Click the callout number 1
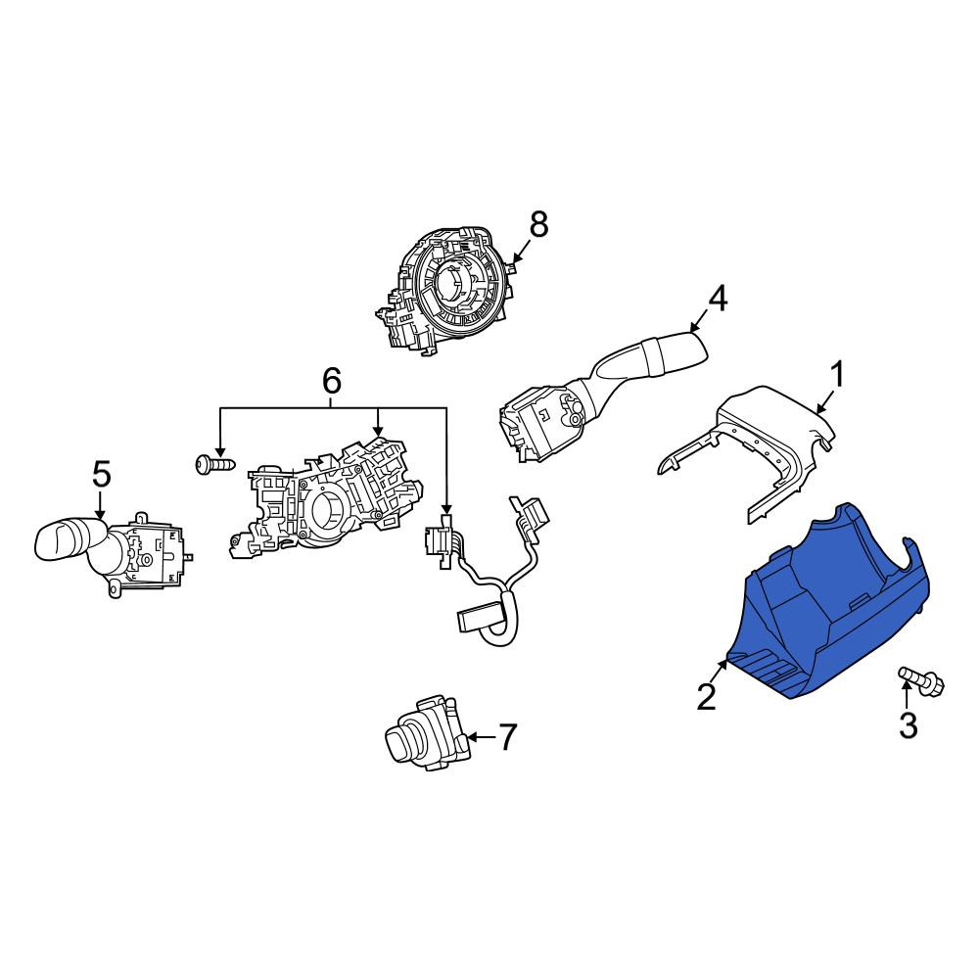point(836,375)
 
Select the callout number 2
point(706,697)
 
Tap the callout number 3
point(908,725)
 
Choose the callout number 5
point(102,474)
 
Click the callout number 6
point(332,380)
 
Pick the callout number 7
point(507,737)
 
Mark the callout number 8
point(538,224)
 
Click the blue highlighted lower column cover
point(833,606)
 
